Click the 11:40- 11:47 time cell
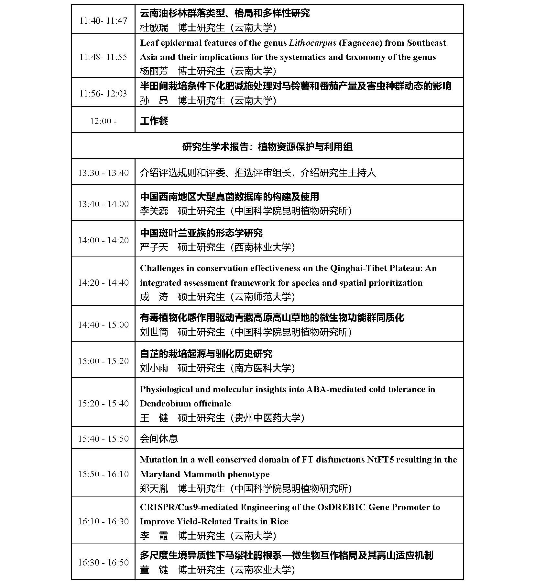coord(103,21)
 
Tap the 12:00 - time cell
coord(103,121)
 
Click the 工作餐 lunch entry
coord(154,121)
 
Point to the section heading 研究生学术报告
coord(215,147)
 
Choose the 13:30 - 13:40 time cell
coord(103,173)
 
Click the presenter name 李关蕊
coord(154,211)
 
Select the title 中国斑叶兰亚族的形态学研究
coord(201,233)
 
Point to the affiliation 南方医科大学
coord(263,368)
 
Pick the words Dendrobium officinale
coord(185,404)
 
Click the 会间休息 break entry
coord(159,439)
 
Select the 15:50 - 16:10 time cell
coord(103,474)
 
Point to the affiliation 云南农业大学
coord(263,570)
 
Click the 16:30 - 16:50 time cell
coord(103,563)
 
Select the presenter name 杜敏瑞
coord(154,28)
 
